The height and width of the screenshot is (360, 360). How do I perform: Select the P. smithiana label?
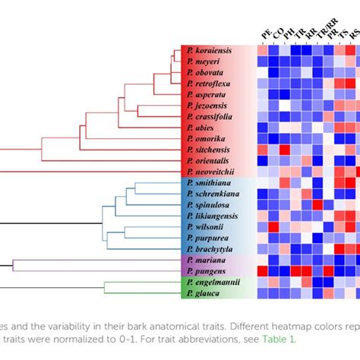click(207, 183)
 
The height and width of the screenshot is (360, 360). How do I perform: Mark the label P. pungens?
click(204, 271)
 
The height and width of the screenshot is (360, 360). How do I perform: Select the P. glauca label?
click(201, 293)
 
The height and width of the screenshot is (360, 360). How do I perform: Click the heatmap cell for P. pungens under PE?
click(263, 271)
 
